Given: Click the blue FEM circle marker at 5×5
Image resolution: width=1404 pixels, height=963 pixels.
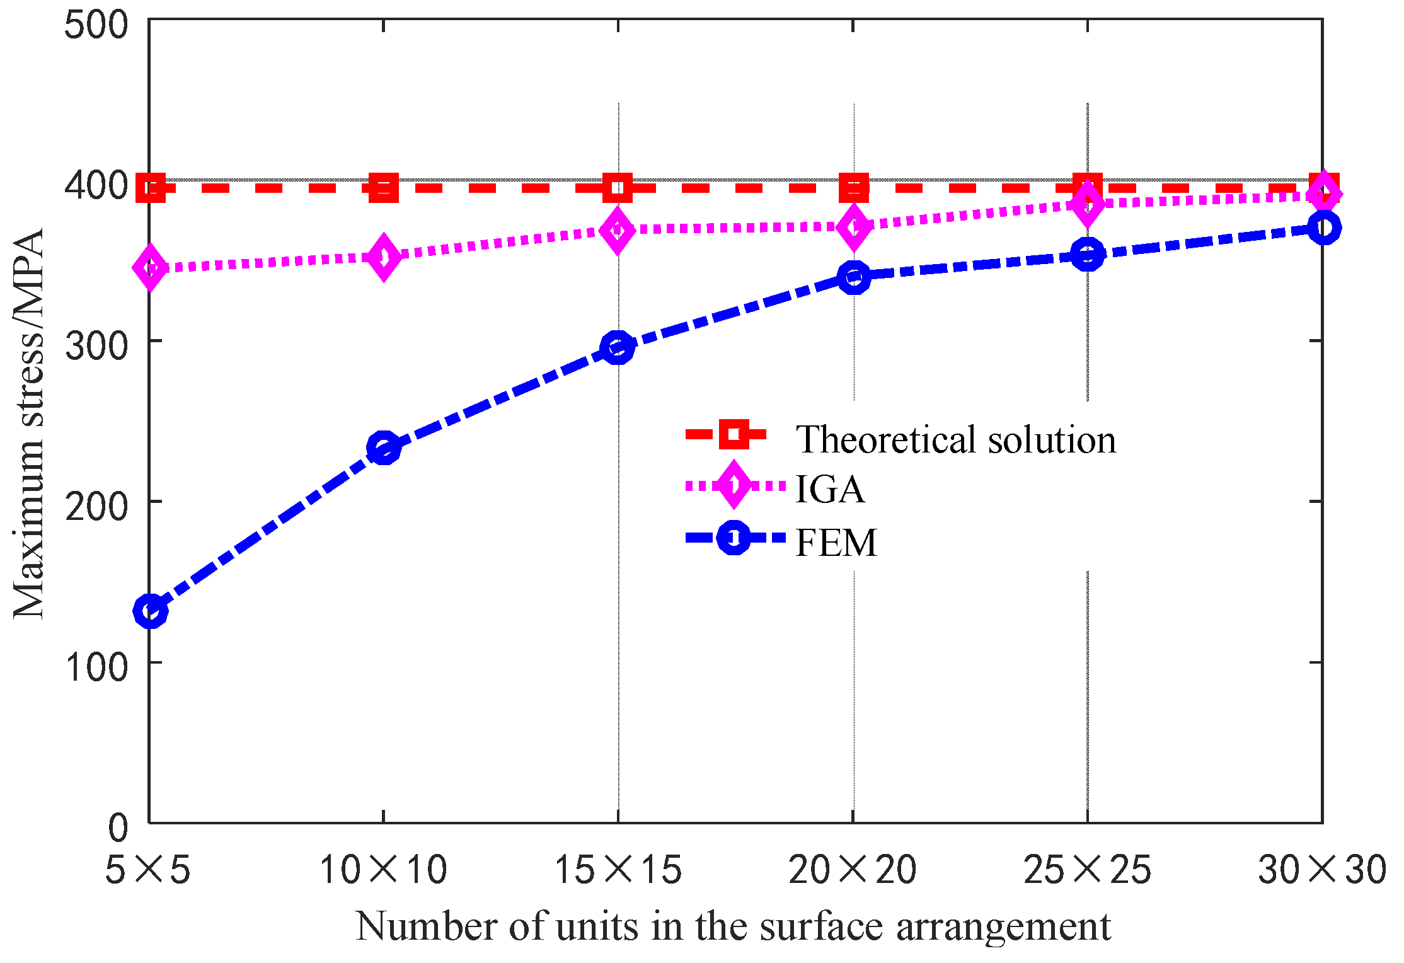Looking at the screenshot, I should (150, 610).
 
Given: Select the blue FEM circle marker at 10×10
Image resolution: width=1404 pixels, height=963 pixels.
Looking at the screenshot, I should (383, 448).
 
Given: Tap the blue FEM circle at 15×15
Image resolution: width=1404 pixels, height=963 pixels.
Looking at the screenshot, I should (618, 349).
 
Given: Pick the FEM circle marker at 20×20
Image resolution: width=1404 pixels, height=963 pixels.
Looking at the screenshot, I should (854, 277).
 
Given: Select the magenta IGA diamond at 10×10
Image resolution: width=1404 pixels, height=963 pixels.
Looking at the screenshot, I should (383, 257).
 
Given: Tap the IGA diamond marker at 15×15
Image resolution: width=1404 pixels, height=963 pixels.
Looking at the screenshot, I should (618, 230).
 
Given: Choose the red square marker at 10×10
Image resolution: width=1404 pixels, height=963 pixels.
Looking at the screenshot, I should (383, 188).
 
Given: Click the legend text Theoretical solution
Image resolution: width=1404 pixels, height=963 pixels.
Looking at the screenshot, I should (955, 439).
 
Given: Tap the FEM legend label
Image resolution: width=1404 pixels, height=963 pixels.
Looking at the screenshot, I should (836, 542).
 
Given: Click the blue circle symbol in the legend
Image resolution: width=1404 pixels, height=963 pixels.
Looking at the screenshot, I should (734, 538).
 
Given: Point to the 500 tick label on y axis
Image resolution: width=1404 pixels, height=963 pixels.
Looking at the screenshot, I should (96, 26).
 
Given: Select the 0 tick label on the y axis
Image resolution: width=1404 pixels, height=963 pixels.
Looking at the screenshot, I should (118, 827).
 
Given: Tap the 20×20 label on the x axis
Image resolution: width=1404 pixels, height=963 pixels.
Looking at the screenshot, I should (853, 870).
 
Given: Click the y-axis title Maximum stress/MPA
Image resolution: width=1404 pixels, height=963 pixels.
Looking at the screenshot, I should (29, 424).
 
